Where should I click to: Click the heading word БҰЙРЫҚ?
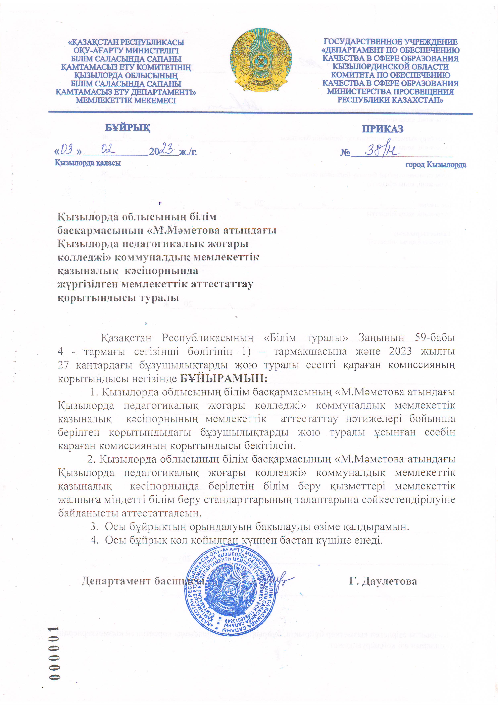[x=128, y=127]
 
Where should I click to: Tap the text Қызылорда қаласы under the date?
[x=87, y=163]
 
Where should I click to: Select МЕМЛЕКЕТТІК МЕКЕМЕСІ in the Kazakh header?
[x=126, y=100]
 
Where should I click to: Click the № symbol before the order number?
[x=345, y=152]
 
